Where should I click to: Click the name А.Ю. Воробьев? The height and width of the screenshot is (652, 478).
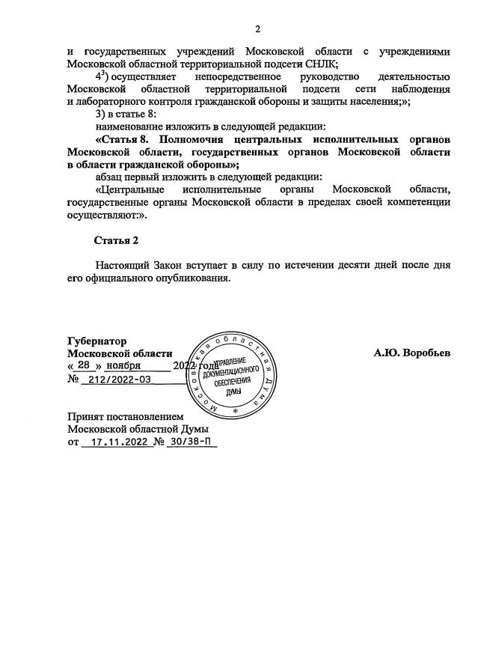pyautogui.click(x=412, y=353)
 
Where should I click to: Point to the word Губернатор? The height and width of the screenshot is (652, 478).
pyautogui.click(x=97, y=340)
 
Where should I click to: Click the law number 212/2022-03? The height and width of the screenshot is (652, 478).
pyautogui.click(x=120, y=380)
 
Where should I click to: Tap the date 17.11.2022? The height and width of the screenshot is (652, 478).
pyautogui.click(x=115, y=442)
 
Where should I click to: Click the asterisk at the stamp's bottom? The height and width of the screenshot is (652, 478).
pyautogui.click(x=235, y=413)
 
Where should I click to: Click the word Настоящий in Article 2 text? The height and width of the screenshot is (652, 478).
pyautogui.click(x=123, y=265)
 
